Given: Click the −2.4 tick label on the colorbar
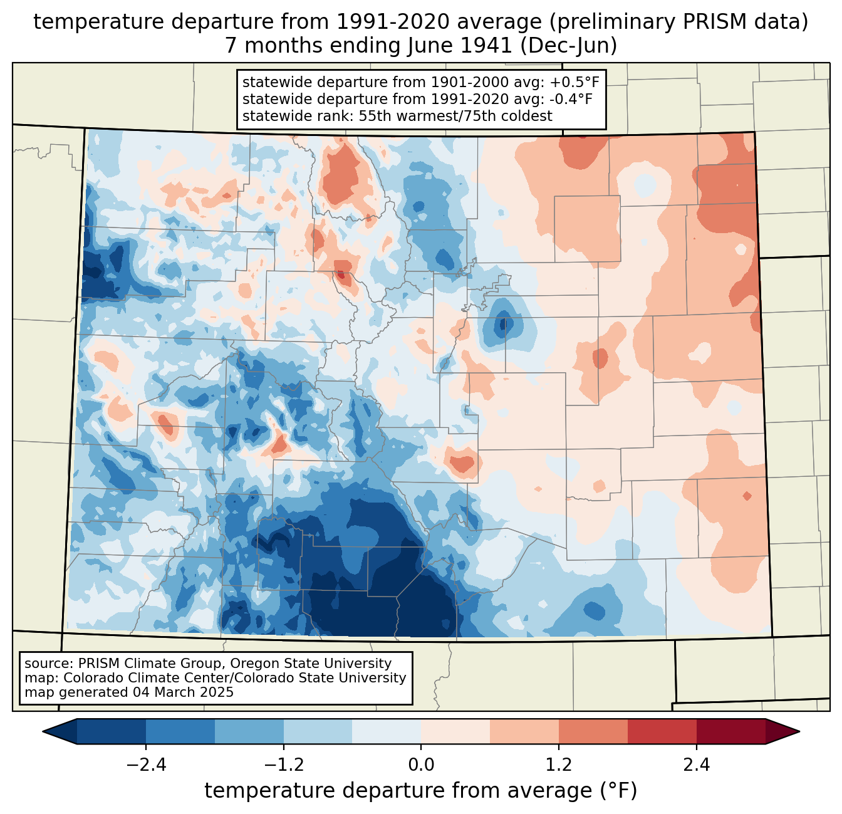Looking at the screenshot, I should [x=145, y=764].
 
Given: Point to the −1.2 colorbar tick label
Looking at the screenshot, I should [x=283, y=764].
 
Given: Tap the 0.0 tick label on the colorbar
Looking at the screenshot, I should [x=421, y=764].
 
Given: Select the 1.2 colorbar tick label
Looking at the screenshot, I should [x=559, y=764].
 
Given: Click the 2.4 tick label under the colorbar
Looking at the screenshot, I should [x=697, y=764].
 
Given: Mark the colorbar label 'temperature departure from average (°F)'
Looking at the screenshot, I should [x=421, y=791].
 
